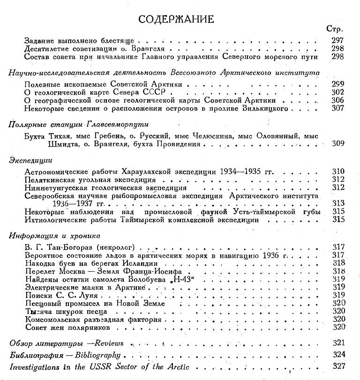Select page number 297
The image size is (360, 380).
pos(337,41)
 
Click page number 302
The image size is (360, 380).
pos(337,92)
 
